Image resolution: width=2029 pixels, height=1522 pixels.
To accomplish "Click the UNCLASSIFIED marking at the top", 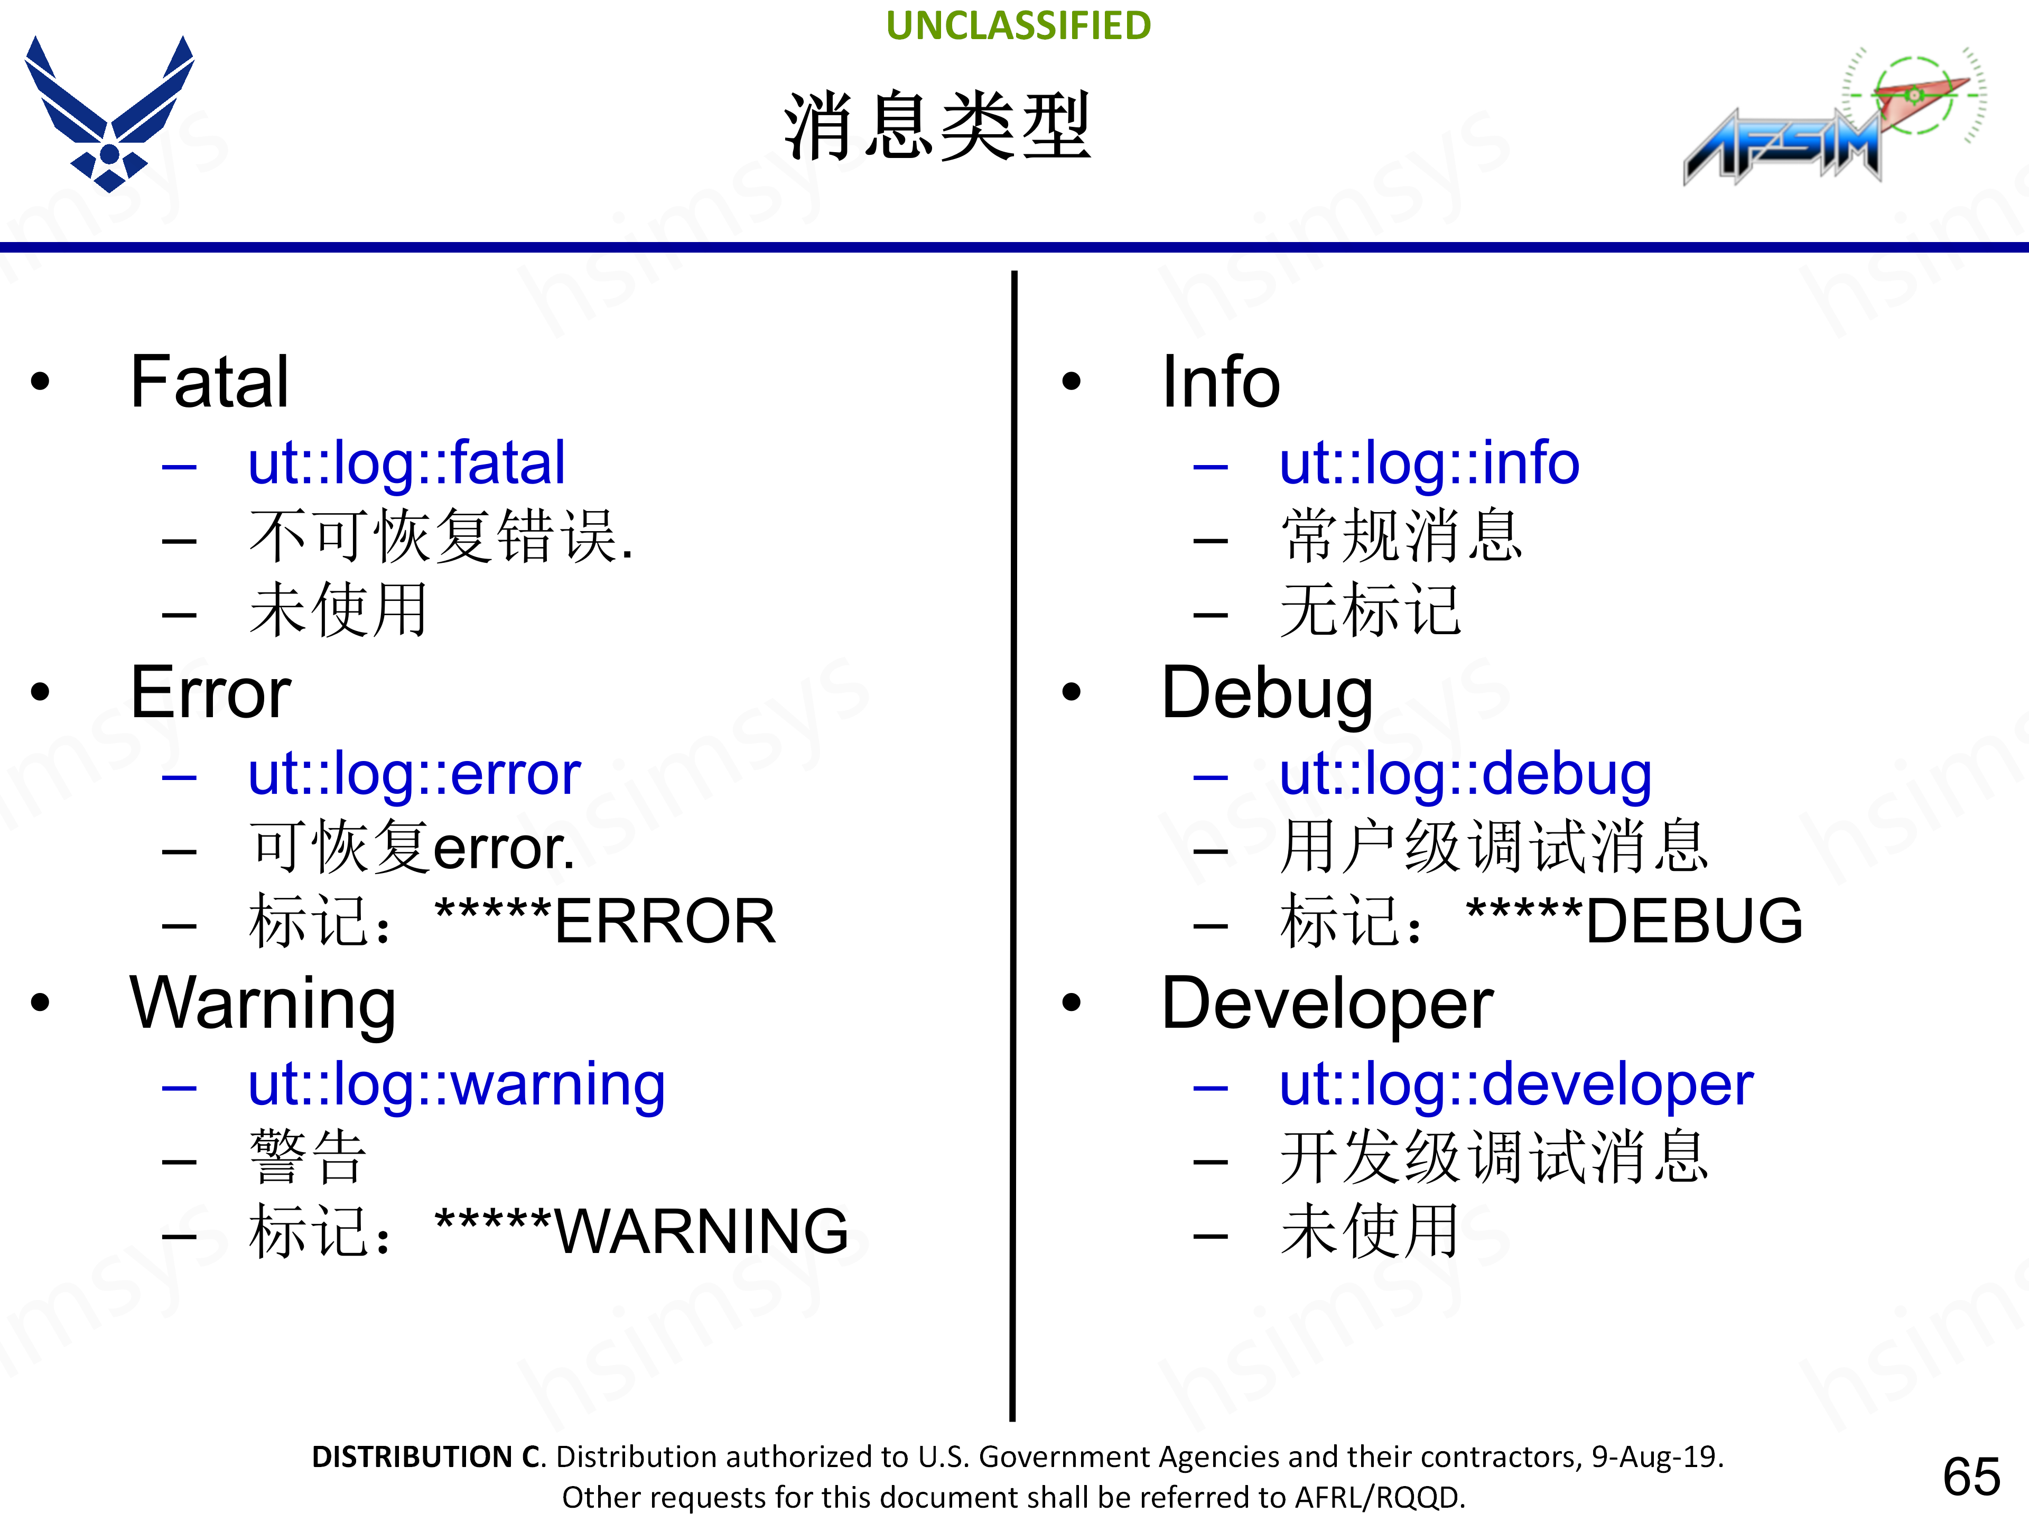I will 1018,26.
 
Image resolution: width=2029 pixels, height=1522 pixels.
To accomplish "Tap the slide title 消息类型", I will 937,127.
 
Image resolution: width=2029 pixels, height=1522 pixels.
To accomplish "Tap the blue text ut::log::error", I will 414,773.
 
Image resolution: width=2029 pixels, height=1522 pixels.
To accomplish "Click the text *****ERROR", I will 606,921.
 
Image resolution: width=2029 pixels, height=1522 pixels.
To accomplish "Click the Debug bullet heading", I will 1267,693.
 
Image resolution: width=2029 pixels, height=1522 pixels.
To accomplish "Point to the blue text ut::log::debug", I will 1465,773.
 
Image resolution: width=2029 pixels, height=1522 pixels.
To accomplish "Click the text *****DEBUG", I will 1635,921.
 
